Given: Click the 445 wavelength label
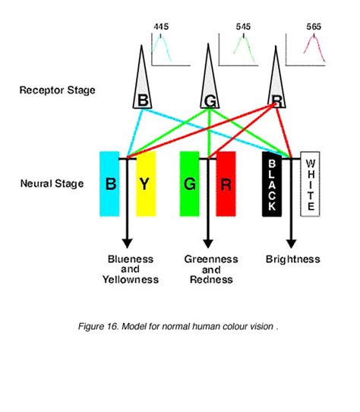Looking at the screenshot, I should (x=161, y=27).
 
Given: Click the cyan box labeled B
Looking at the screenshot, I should (x=109, y=183).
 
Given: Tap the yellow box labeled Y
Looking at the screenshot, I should (x=145, y=183).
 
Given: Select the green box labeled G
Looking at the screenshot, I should (x=189, y=183).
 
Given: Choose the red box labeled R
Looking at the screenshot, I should (x=226, y=183).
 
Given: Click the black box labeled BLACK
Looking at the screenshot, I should (x=272, y=183).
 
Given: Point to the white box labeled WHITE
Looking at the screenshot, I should (x=309, y=183).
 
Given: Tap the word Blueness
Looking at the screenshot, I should (x=130, y=259).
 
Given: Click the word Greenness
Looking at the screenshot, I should (x=211, y=259).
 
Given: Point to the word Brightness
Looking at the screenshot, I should (x=292, y=259).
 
